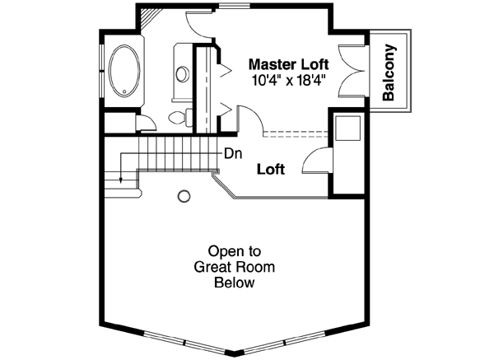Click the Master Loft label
coord(288,63)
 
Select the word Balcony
coord(390,72)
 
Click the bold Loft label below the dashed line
coord(270,170)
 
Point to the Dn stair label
coord(232,152)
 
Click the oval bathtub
coord(125,72)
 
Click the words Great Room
coord(234,267)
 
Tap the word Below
coord(234,283)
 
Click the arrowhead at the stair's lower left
coord(121,180)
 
